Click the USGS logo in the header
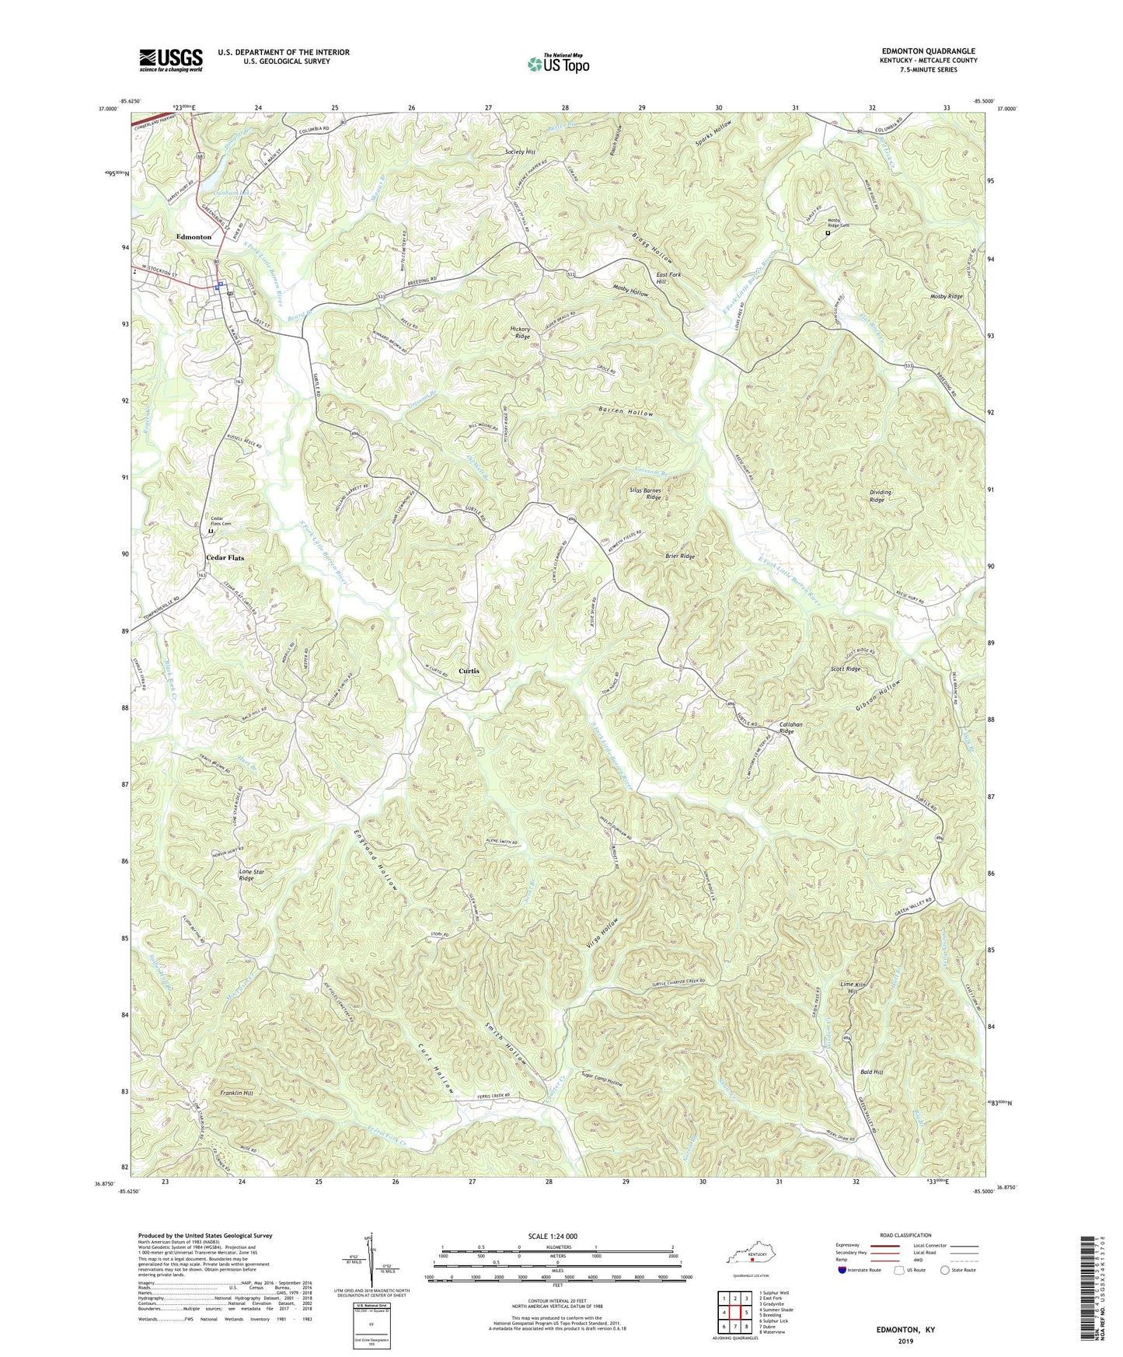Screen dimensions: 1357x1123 171,59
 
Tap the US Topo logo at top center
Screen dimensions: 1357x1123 558,64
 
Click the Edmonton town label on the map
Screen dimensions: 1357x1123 194,237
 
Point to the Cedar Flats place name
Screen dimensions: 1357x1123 225,558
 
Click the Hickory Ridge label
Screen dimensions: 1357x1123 520,333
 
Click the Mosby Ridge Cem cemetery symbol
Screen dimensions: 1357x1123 828,232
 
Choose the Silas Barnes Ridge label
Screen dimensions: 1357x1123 645,494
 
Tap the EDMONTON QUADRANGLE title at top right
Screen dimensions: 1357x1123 928,51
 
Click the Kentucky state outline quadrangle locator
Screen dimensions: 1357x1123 750,1258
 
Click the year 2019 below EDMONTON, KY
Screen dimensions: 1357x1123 905,1341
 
